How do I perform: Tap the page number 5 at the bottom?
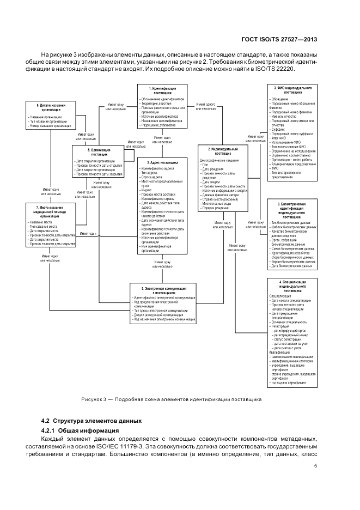(x=316, y=466)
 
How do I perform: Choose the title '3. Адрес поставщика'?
(x=162, y=162)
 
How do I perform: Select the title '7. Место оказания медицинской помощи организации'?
(x=50, y=211)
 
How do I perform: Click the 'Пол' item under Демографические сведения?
(x=205, y=165)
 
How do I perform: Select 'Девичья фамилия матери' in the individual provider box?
(x=219, y=195)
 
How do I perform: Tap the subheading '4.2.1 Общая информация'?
(x=78, y=431)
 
